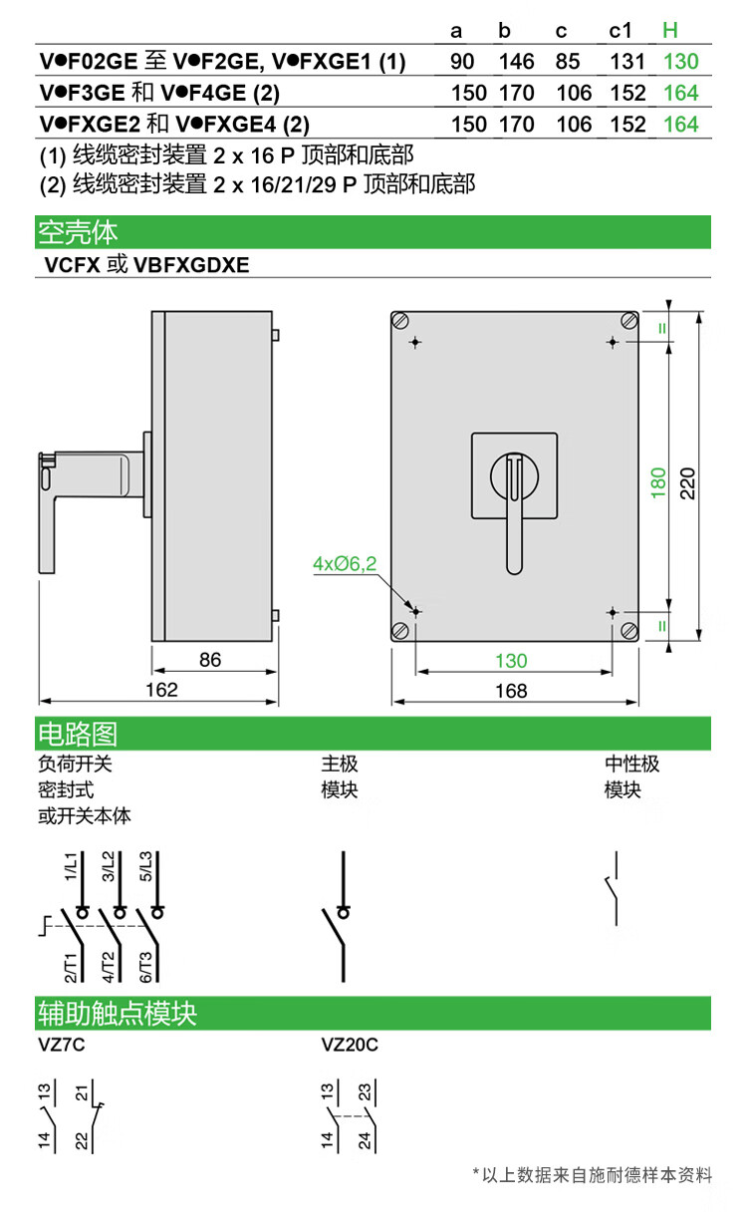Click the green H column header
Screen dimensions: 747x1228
(669, 30)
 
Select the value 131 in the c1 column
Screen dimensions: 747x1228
(627, 62)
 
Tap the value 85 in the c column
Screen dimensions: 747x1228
(568, 62)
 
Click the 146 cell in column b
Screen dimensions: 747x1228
(517, 62)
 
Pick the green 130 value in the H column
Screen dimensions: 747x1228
(680, 62)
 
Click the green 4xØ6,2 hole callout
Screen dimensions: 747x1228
(345, 563)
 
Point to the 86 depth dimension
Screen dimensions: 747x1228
(210, 660)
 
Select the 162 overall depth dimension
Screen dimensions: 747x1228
(161, 690)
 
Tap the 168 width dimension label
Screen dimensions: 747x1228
(511, 691)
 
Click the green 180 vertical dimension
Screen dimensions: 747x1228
(658, 483)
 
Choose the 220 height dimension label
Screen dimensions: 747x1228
(687, 483)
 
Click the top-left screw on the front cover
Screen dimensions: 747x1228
(400, 321)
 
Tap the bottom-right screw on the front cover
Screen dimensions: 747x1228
(629, 631)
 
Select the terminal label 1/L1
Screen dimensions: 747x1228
(71, 866)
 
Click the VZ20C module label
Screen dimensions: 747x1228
(350, 1045)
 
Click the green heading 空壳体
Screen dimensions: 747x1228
(78, 232)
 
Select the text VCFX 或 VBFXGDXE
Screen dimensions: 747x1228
(146, 265)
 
